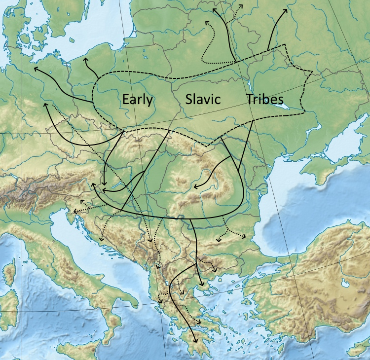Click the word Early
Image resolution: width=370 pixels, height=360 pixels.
coord(137,100)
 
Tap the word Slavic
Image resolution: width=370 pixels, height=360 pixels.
coord(202,100)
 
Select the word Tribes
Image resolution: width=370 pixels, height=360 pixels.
coord(265,100)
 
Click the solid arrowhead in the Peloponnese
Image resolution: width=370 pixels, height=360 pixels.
coord(196,341)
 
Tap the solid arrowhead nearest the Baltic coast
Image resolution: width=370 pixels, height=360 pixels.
coord(86,60)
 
